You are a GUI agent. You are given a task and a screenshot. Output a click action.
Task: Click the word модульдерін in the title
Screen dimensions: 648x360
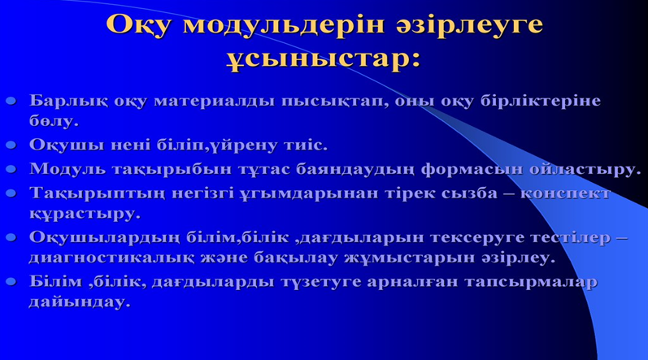click(x=283, y=25)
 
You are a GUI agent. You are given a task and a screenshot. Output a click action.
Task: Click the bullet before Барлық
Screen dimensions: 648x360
click(x=11, y=100)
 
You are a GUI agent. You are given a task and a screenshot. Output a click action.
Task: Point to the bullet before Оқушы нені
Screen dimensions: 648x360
click(x=11, y=145)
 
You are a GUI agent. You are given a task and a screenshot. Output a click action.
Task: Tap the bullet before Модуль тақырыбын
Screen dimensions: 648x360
click(x=11, y=169)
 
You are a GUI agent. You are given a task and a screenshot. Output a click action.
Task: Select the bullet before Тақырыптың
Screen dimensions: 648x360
click(x=11, y=193)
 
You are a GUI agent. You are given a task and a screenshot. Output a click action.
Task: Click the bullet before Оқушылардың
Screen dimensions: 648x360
click(x=11, y=237)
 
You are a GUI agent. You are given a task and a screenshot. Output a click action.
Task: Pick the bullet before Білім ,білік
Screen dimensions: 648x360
click(x=11, y=281)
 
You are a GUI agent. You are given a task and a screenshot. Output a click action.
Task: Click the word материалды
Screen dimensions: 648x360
click(x=214, y=102)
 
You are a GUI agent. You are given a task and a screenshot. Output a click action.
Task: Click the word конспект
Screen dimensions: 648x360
click(x=564, y=193)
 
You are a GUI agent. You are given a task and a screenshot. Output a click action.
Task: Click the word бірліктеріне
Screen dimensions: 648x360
click(x=540, y=102)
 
